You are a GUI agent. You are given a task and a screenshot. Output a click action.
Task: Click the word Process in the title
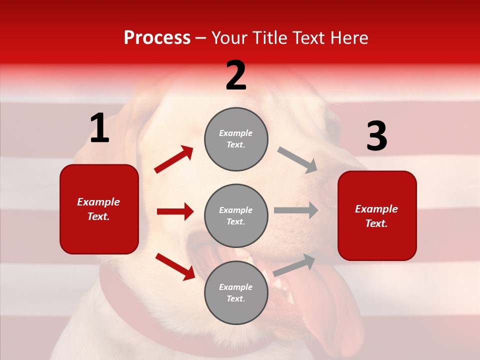click(x=157, y=38)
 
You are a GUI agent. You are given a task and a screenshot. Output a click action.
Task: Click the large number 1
click(x=99, y=128)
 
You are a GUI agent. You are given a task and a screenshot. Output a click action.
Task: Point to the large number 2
click(x=236, y=75)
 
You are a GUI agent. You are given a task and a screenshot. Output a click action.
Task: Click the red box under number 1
click(x=99, y=209)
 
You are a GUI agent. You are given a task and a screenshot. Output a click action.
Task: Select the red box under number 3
click(x=377, y=215)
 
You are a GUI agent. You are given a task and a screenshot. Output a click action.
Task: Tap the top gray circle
click(x=236, y=139)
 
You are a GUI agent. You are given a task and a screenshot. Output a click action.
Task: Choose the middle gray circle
click(x=236, y=215)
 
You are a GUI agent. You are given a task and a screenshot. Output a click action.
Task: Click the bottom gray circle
click(x=236, y=292)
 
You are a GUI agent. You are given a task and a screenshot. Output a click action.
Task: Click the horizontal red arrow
click(x=175, y=211)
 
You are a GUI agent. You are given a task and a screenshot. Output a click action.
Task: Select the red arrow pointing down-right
click(x=175, y=266)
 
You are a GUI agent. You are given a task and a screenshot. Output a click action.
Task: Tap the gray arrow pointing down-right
click(x=297, y=159)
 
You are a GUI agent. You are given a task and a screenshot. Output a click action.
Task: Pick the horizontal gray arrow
click(x=296, y=210)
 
